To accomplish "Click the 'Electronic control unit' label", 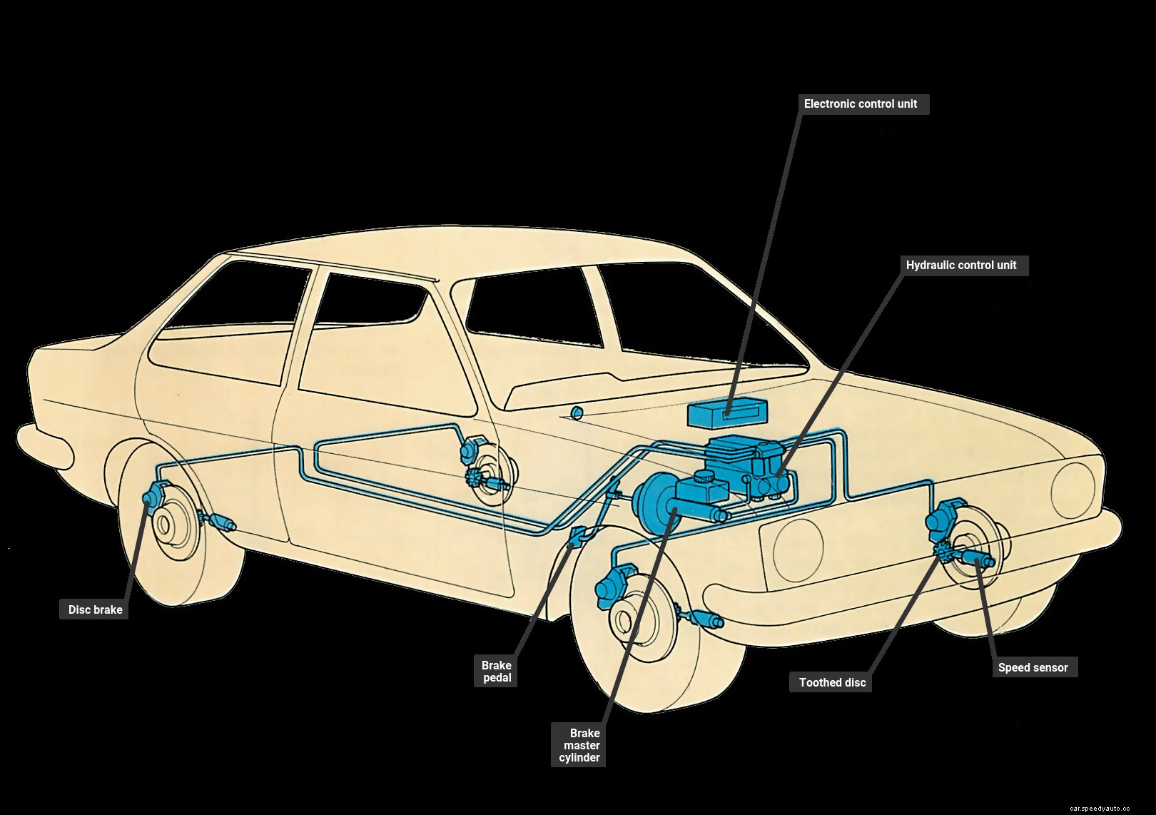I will pos(860,104).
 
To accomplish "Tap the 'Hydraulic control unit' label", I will pos(960,265).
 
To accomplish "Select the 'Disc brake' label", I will pos(95,609).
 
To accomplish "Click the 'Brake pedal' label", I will pos(497,672).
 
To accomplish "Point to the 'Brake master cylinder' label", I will pos(579,745).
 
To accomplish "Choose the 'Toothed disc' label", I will pos(832,682).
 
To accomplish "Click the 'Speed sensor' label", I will pos(1033,667).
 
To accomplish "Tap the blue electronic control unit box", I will pos(728,412).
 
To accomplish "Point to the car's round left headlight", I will pos(1073,490).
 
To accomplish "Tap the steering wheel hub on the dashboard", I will pos(577,412).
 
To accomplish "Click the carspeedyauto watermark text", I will pos(1100,808).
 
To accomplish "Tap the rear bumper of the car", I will pos(43,446).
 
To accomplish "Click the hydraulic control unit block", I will pos(767,471).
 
